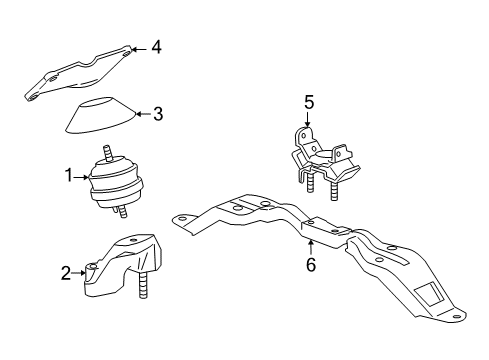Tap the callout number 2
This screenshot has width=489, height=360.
(67, 273)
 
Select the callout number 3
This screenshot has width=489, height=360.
(158, 114)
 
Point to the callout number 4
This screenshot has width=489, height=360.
(155, 46)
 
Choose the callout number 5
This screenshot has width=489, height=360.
(309, 103)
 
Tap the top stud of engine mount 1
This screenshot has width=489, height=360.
(108, 154)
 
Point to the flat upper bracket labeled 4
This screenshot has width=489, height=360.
(80, 74)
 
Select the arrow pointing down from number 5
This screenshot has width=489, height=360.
(309, 120)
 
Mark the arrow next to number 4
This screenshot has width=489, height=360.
(139, 47)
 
